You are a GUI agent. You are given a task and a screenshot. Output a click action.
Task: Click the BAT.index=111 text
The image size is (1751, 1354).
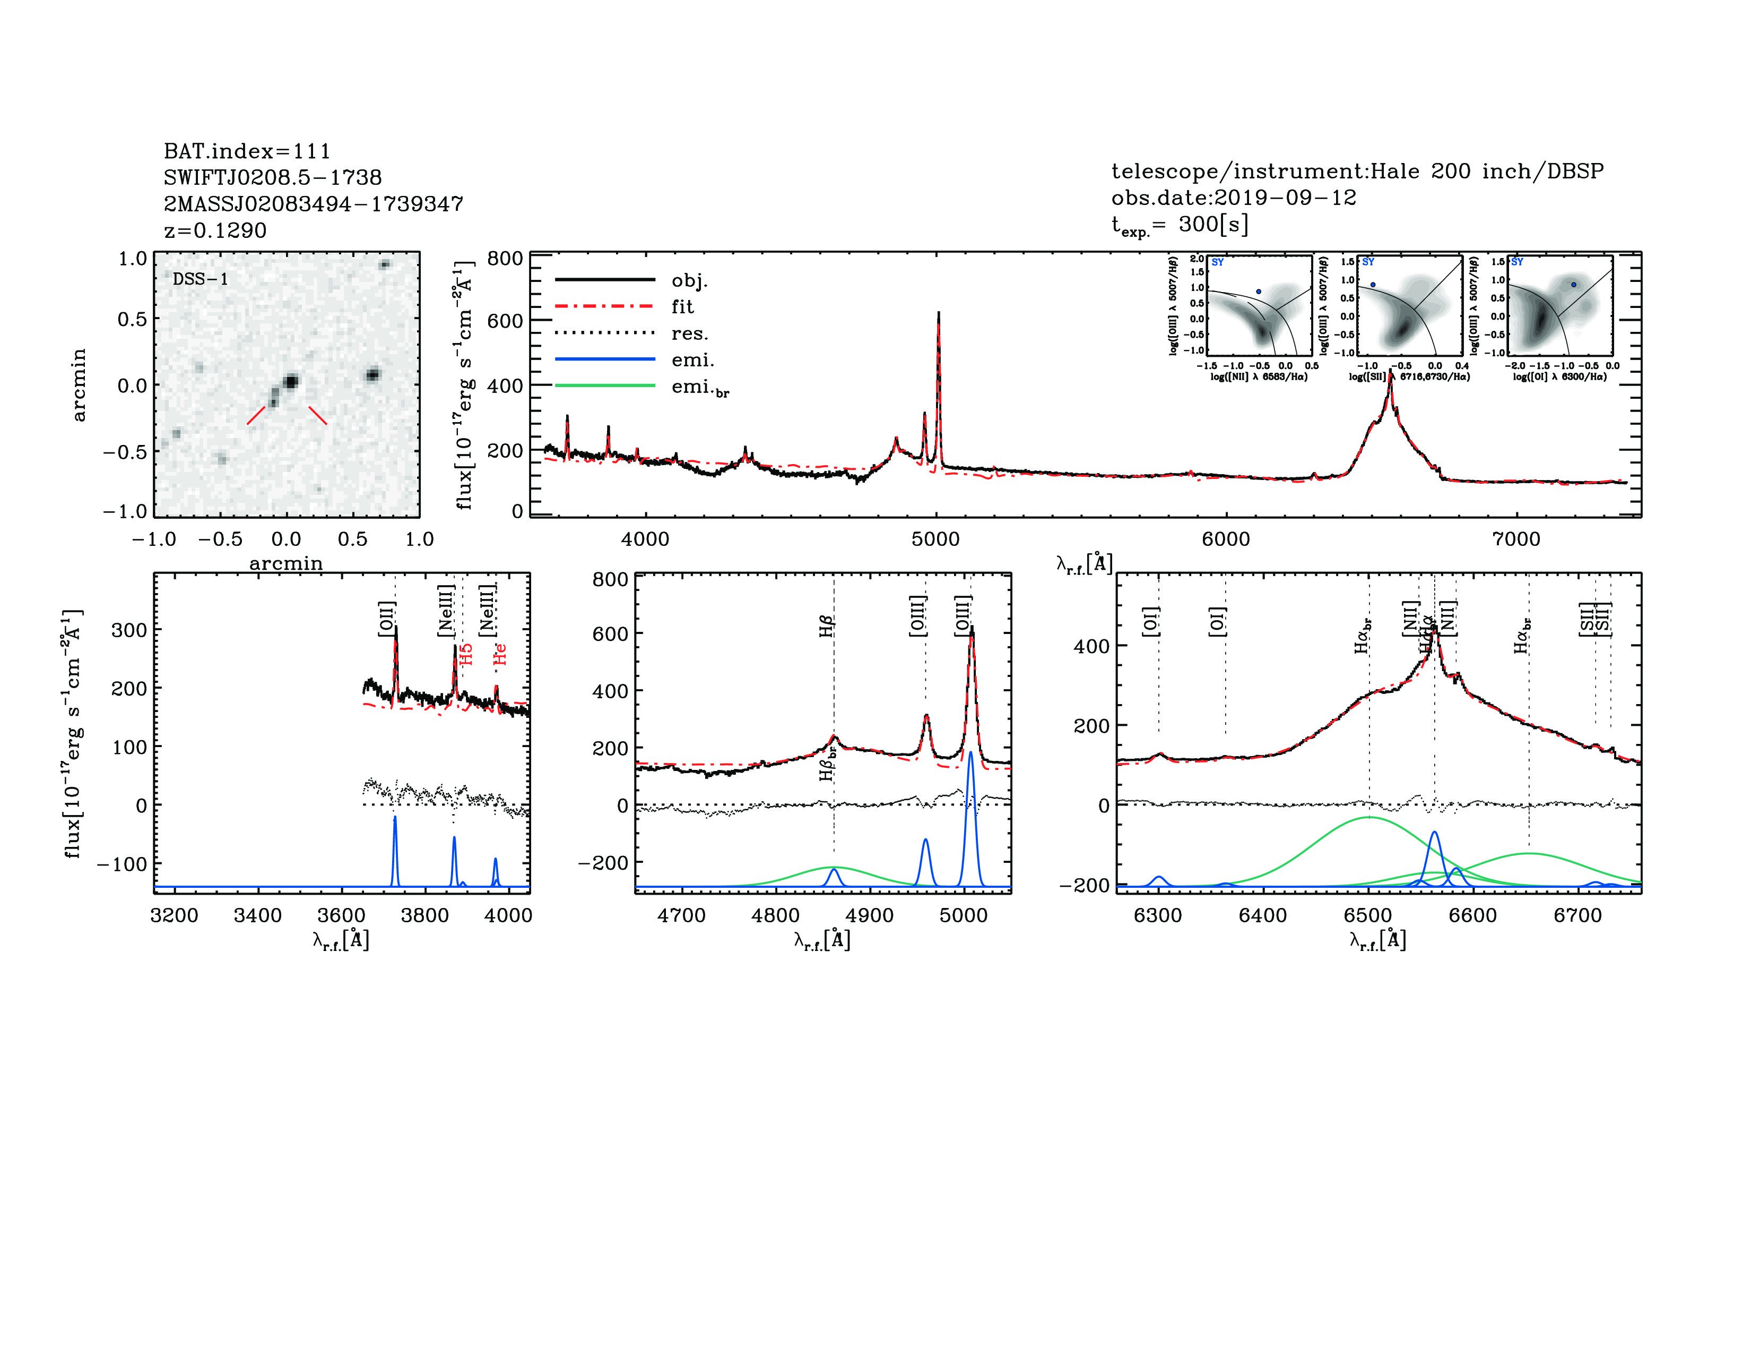pyautogui.click(x=247, y=151)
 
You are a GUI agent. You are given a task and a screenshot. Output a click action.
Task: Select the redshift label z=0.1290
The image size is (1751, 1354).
pyautogui.click(x=215, y=230)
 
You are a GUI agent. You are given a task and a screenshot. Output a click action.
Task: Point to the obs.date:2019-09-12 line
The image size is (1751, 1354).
pyautogui.click(x=1233, y=198)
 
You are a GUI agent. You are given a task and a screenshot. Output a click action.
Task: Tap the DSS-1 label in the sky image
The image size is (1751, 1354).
pyautogui.click(x=201, y=279)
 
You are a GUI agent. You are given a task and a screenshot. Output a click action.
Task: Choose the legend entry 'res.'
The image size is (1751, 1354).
pyautogui.click(x=689, y=333)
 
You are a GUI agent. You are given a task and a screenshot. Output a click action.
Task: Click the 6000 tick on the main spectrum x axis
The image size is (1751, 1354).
pyautogui.click(x=1226, y=539)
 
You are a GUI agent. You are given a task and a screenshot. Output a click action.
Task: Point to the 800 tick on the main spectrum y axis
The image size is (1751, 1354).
pyautogui.click(x=505, y=258)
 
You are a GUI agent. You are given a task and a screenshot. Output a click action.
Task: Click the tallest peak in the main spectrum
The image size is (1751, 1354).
pyautogui.click(x=938, y=314)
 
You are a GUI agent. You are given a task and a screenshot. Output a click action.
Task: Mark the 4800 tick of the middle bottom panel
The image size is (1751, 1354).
pyautogui.click(x=775, y=915)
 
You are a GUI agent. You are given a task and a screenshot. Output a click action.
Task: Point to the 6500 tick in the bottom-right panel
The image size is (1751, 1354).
pyautogui.click(x=1368, y=915)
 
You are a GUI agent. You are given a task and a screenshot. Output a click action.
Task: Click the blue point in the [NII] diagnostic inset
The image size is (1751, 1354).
pyautogui.click(x=1258, y=292)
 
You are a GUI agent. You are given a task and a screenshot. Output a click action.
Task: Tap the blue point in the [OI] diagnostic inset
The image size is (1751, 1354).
pyautogui.click(x=1574, y=285)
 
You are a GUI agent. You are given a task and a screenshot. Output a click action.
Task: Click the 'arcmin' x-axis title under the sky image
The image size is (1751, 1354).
pyautogui.click(x=286, y=563)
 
